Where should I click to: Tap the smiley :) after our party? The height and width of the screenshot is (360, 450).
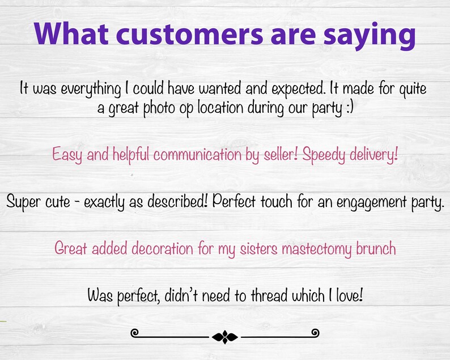click(x=347, y=108)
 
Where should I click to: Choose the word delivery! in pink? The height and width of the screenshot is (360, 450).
click(x=372, y=155)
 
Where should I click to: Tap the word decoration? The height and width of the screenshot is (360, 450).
click(x=158, y=248)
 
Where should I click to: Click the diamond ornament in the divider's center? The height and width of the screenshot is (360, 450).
click(x=225, y=337)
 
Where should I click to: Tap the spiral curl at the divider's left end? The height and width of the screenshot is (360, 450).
click(x=135, y=333)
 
